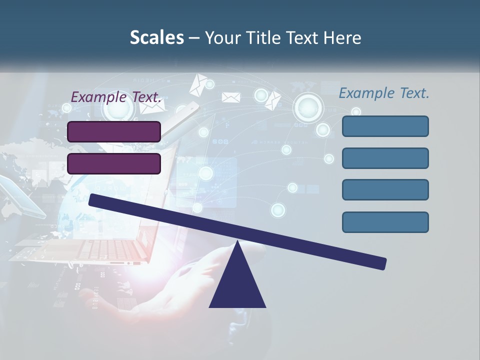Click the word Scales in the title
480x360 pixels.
click(x=156, y=37)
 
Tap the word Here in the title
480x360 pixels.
click(x=342, y=37)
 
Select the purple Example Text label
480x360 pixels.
click(x=116, y=97)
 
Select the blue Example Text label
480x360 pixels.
click(x=384, y=93)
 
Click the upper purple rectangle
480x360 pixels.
click(x=114, y=131)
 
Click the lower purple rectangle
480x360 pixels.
click(x=114, y=163)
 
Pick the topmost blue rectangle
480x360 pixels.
click(x=385, y=126)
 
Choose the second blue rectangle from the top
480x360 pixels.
click(x=385, y=158)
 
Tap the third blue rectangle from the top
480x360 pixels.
click(x=385, y=190)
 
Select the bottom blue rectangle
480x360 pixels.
click(x=385, y=222)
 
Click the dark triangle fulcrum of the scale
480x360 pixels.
click(x=237, y=285)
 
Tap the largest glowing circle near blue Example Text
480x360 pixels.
click(x=308, y=107)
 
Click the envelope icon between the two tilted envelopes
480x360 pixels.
click(x=231, y=97)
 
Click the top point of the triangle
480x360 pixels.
click(x=237, y=242)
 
